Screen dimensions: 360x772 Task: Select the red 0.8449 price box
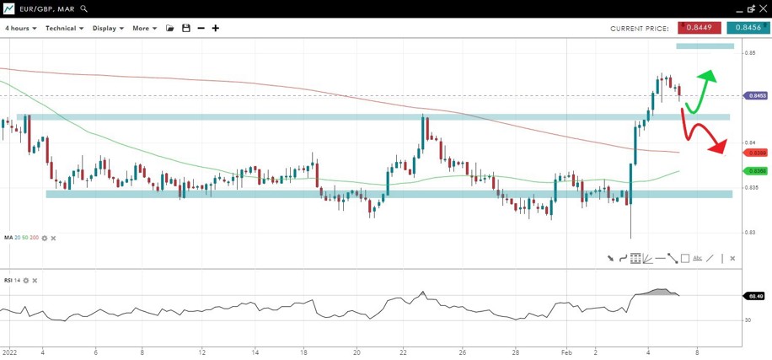[x=700, y=28]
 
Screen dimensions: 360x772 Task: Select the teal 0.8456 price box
[x=748, y=28]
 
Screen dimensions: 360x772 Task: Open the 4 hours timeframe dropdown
[x=21, y=28]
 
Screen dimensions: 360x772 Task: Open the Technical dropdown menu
[x=64, y=28]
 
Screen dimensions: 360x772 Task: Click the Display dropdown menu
[x=108, y=28]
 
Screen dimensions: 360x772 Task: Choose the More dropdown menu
[x=144, y=28]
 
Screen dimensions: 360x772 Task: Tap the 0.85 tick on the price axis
[x=749, y=53]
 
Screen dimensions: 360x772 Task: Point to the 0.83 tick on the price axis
[x=749, y=232]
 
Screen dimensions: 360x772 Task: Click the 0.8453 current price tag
[x=756, y=96]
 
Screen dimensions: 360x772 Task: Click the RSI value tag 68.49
[x=755, y=296]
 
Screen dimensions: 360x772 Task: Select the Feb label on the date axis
[x=567, y=352]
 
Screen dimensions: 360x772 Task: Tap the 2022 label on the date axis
[x=10, y=352]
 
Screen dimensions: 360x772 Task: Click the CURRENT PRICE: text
[x=640, y=28]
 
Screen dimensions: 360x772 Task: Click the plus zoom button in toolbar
[x=216, y=28]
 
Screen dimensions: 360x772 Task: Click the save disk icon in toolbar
[x=185, y=28]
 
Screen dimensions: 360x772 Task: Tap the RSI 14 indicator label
[x=12, y=279]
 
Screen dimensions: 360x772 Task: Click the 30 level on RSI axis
[x=748, y=320]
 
